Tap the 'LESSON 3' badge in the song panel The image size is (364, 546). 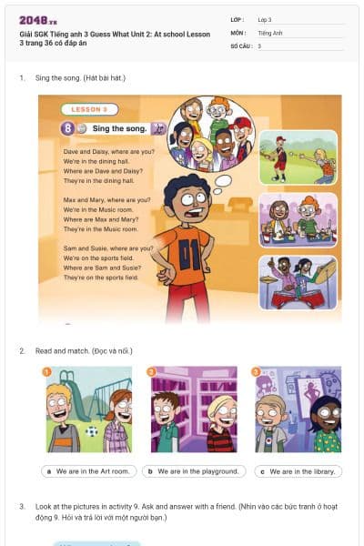point(89,109)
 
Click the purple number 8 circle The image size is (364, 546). point(66,128)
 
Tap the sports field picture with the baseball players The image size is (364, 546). point(298,157)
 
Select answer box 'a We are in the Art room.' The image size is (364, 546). point(88,471)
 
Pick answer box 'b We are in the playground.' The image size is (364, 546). point(195,471)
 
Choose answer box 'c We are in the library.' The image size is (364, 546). point(298,471)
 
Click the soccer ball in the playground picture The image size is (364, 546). point(91,431)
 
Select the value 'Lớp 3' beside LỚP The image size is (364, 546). point(265,19)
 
